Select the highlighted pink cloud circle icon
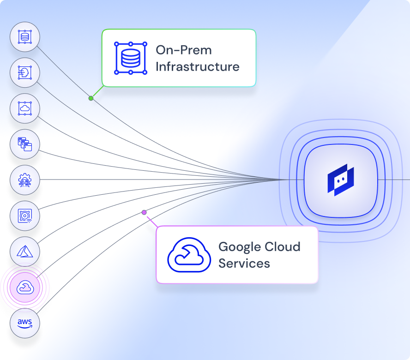point(25,288)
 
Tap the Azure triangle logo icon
point(25,252)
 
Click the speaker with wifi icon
point(25,216)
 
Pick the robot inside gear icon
point(25,180)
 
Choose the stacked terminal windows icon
point(25,144)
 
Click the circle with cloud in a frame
point(25,108)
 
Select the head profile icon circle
point(25,72)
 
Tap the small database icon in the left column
point(25,36)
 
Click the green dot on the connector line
point(91,98)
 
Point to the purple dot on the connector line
point(144,212)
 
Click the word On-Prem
point(183,50)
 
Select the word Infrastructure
point(197,66)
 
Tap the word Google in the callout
point(240,246)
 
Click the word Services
point(244,264)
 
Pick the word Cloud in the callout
point(283,246)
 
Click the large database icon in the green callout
point(131,58)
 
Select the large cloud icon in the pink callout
point(185,255)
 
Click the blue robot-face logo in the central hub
point(340,180)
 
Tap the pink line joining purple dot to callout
point(151,220)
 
